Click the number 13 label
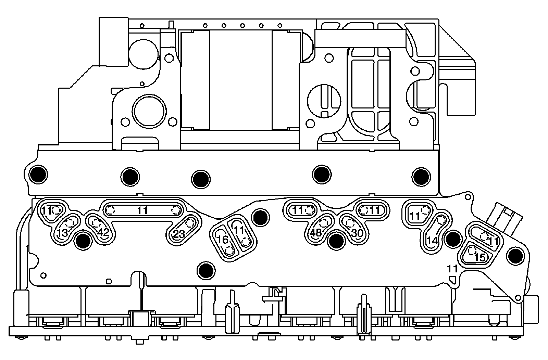(x=62, y=233)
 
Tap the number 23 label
(x=178, y=234)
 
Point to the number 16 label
(x=223, y=240)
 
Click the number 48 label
(x=316, y=233)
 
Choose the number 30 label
(x=357, y=233)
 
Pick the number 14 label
(x=433, y=241)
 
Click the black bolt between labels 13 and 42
(x=83, y=242)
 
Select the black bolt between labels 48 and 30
(x=336, y=241)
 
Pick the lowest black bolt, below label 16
(x=207, y=270)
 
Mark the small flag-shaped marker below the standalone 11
(x=452, y=279)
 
